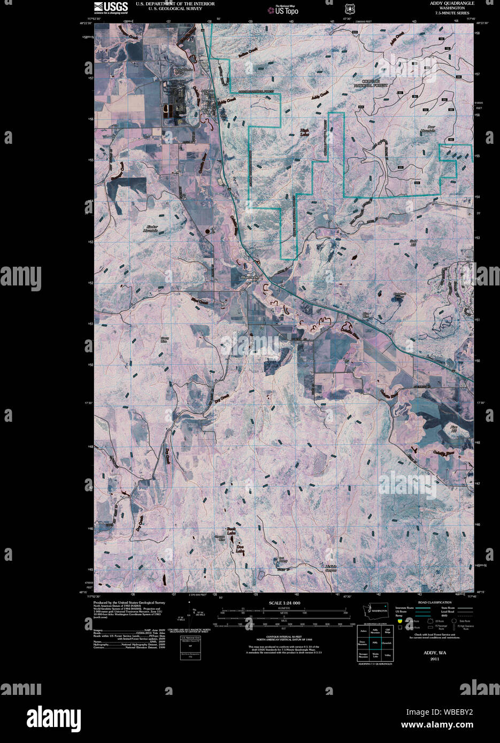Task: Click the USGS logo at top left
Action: tap(111, 7)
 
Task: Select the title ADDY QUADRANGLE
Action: tap(452, 3)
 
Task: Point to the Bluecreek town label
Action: tap(249, 277)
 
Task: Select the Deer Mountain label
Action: tap(428, 130)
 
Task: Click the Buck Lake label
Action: tap(231, 531)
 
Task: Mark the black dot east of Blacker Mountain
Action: tap(207, 231)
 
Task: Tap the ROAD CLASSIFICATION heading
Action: tap(434, 602)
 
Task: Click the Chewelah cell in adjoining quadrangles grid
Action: tap(387, 643)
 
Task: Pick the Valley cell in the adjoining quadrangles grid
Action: tap(387, 655)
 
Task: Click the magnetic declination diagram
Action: tap(191, 616)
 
